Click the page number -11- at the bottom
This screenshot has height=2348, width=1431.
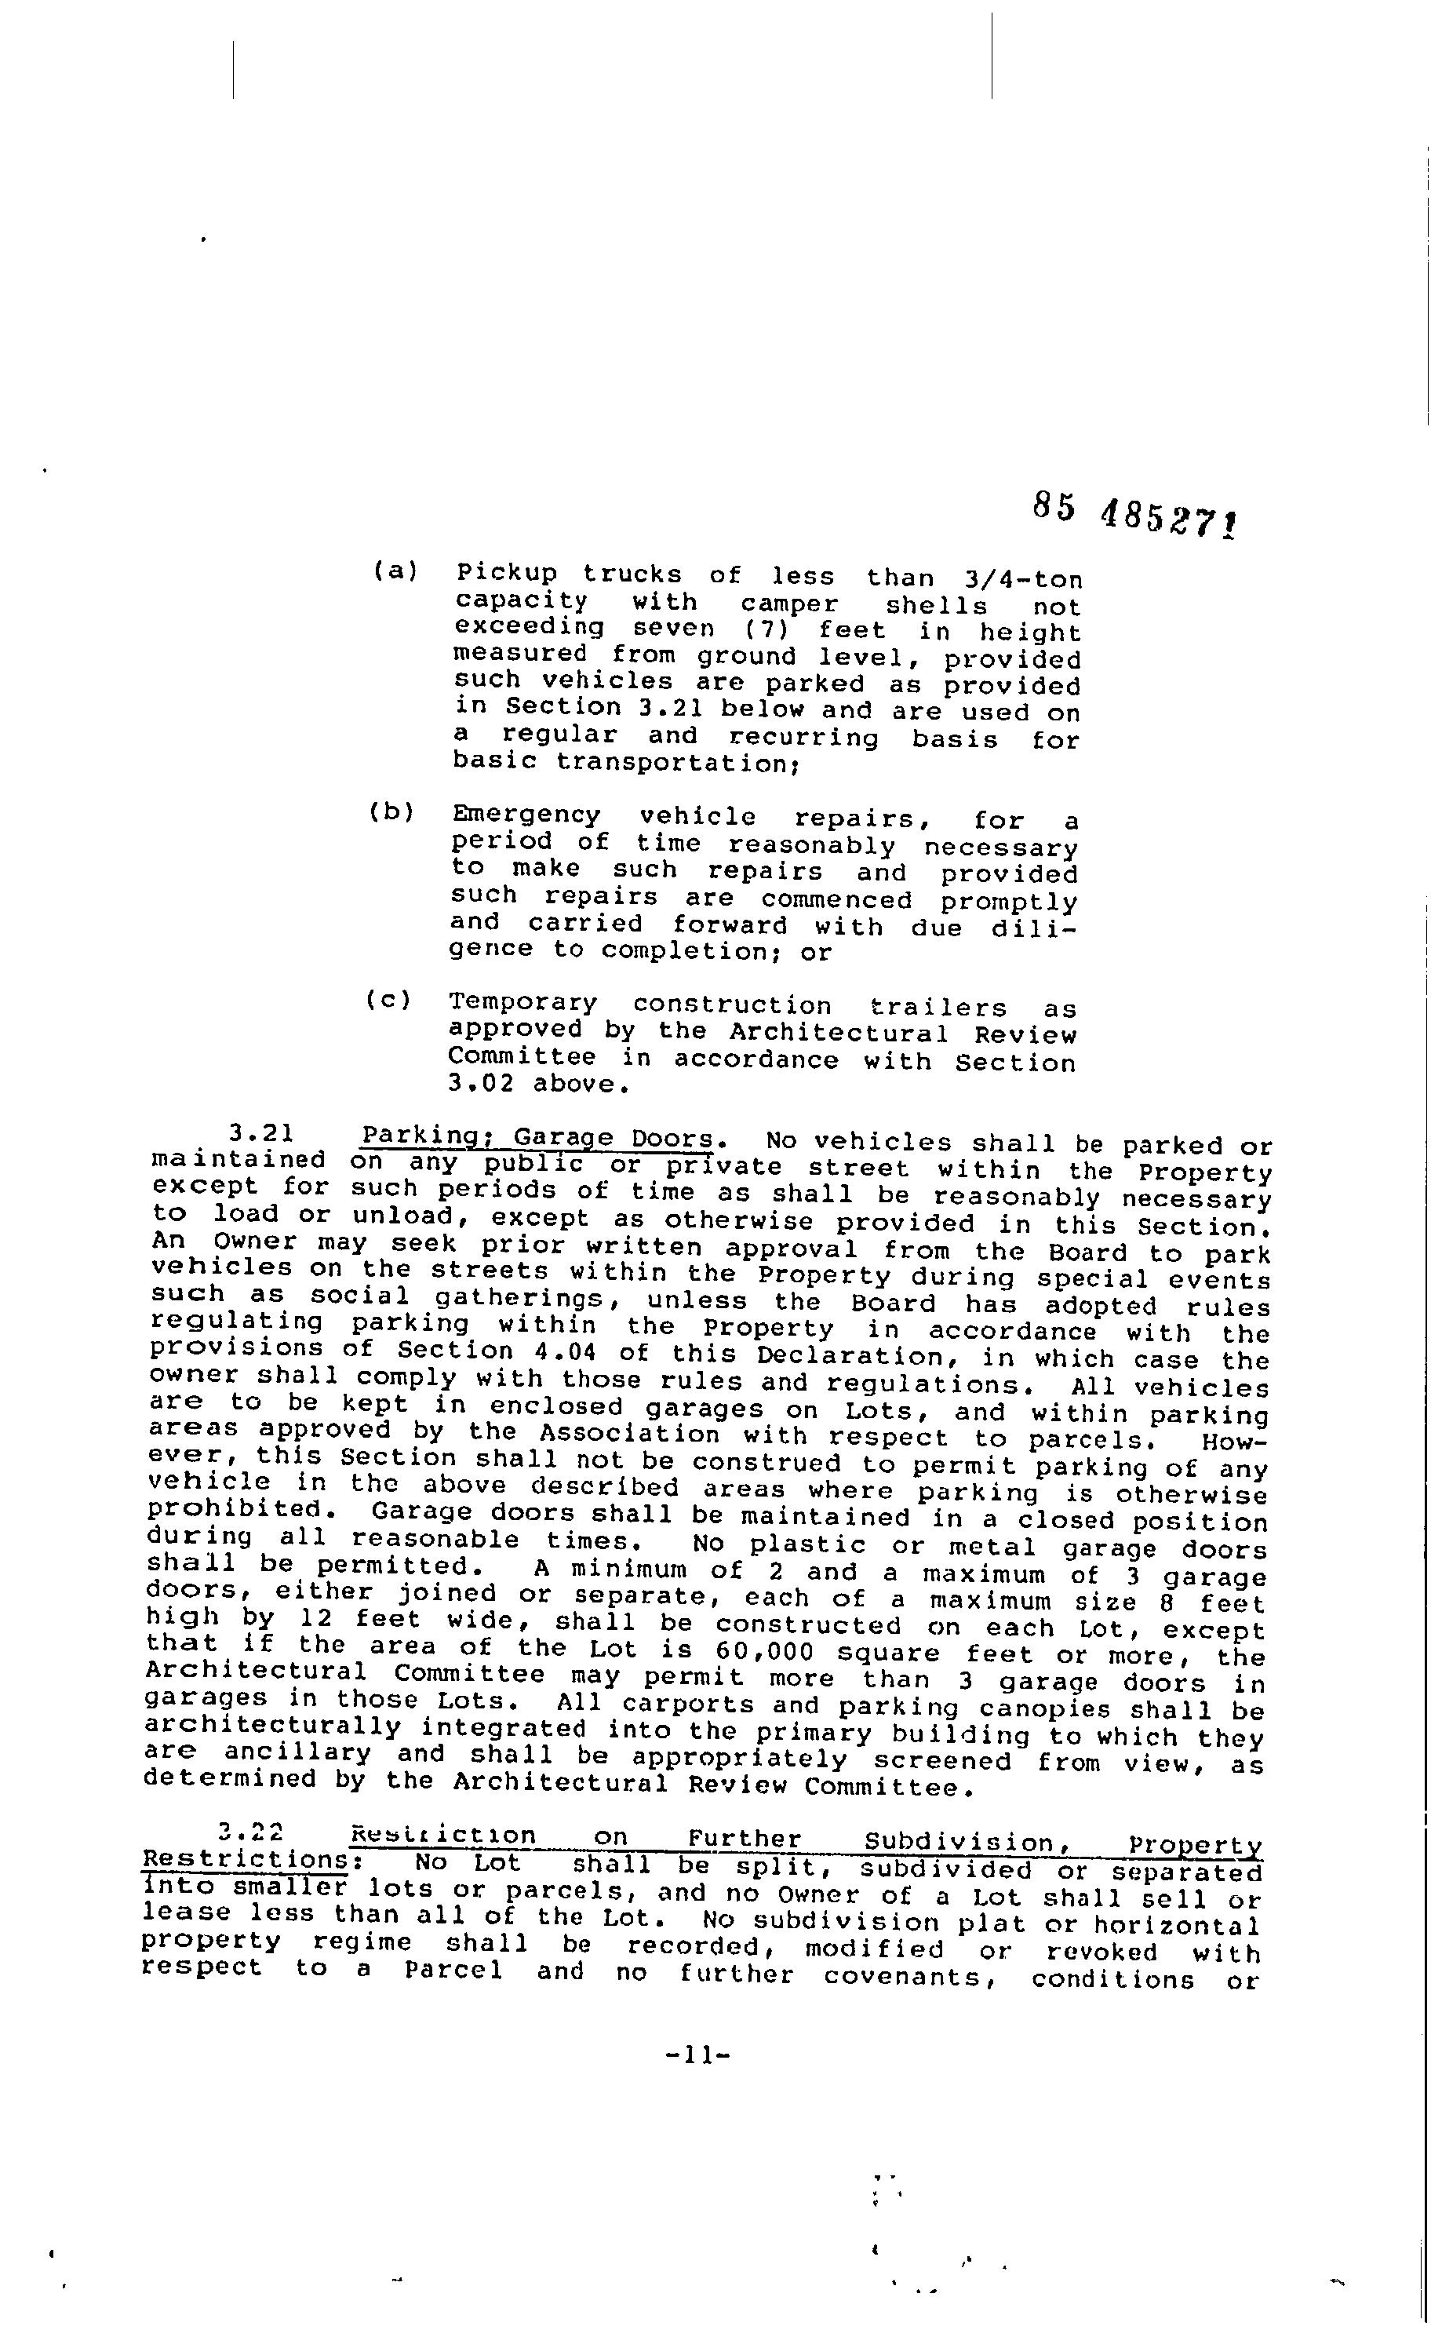[697, 2055]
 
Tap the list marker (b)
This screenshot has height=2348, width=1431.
[392, 812]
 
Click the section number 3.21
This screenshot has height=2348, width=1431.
[260, 1133]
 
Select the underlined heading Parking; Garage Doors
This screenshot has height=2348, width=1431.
[537, 1138]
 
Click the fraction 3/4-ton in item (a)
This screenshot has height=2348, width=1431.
[1022, 579]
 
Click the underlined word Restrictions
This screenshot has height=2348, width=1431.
[245, 1859]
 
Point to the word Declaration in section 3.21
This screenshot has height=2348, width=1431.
[836, 1355]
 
